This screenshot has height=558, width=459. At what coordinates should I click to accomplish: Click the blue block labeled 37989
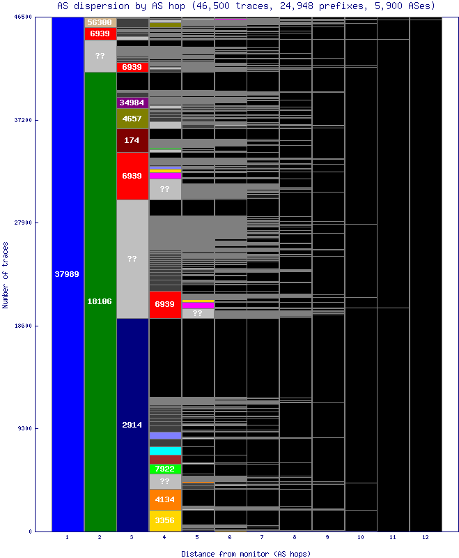[68, 274]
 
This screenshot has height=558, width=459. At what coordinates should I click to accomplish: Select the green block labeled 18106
[100, 301]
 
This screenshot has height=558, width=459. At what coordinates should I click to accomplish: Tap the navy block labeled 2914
[132, 424]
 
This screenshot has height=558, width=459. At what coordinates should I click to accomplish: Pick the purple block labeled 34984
[132, 103]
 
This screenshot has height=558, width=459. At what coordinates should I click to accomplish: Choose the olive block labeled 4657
[132, 119]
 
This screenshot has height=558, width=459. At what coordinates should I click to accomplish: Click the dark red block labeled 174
[132, 140]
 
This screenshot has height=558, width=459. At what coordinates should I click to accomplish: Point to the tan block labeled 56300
[100, 22]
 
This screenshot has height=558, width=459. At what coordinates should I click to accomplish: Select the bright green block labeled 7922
[165, 469]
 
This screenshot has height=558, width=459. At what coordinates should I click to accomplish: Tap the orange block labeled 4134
[165, 499]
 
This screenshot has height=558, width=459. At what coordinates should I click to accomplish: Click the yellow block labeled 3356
[165, 520]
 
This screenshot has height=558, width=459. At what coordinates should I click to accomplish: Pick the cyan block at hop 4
[165, 451]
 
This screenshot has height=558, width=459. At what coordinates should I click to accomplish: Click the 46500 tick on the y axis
[23, 17]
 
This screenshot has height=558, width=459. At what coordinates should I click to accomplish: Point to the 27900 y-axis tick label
[23, 223]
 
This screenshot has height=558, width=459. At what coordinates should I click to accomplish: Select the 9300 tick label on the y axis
[25, 429]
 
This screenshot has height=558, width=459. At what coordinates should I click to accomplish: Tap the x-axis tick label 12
[426, 538]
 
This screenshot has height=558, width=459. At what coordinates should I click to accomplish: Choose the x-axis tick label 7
[263, 538]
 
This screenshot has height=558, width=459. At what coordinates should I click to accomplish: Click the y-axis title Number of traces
[6, 274]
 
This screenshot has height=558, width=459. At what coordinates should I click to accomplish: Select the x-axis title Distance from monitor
[246, 553]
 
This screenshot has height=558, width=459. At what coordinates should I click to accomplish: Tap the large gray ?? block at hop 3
[132, 259]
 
